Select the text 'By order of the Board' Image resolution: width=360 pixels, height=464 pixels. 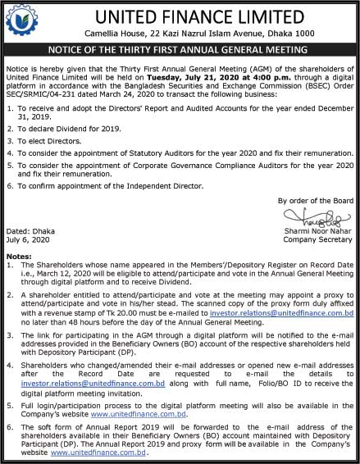315,200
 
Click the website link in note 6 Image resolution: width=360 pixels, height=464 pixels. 90,452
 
